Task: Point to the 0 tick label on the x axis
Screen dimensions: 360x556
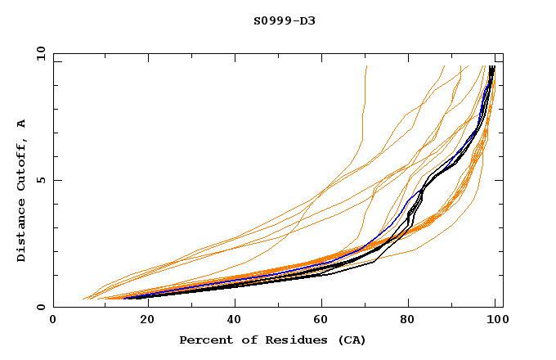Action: click(x=53, y=321)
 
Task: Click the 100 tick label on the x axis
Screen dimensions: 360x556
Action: click(x=494, y=321)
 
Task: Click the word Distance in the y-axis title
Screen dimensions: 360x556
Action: click(x=22, y=232)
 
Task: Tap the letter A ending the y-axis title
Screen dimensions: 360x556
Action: click(x=22, y=124)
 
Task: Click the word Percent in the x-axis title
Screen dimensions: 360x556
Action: click(x=204, y=340)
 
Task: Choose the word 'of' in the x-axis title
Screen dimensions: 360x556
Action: click(x=244, y=340)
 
